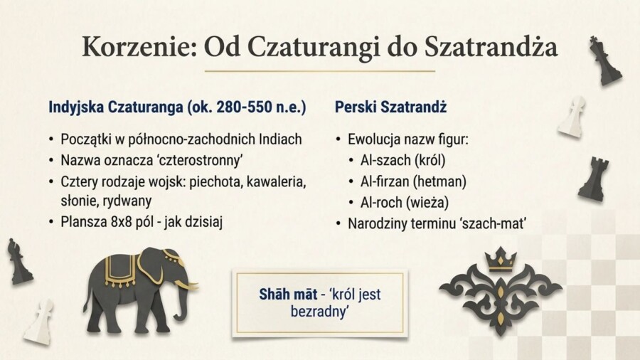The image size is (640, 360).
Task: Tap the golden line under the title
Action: (319, 71)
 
